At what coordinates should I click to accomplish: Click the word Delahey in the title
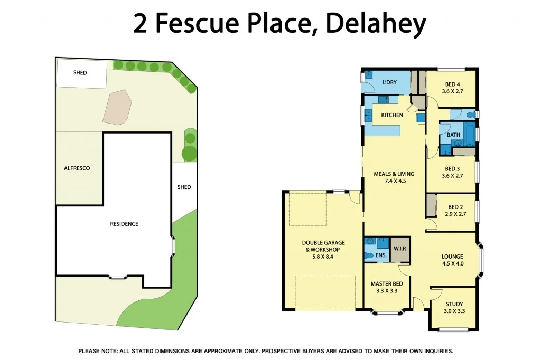[376, 24]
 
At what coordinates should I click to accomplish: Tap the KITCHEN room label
[392, 115]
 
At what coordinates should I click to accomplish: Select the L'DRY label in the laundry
[389, 82]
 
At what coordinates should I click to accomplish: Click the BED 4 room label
[452, 84]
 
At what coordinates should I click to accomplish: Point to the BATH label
[453, 135]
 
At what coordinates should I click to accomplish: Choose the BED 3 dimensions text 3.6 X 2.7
[452, 176]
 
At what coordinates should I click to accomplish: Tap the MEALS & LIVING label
[394, 174]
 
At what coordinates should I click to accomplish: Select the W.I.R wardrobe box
[399, 249]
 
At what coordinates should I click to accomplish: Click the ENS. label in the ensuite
[381, 255]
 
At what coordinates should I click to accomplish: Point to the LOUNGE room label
[452, 257]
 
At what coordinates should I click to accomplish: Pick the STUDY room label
[454, 304]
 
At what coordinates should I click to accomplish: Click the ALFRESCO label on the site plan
[77, 168]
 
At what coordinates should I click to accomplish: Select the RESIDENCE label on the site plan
[124, 224]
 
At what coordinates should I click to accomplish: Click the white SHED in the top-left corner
[80, 73]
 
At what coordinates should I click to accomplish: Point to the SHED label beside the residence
[184, 187]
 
